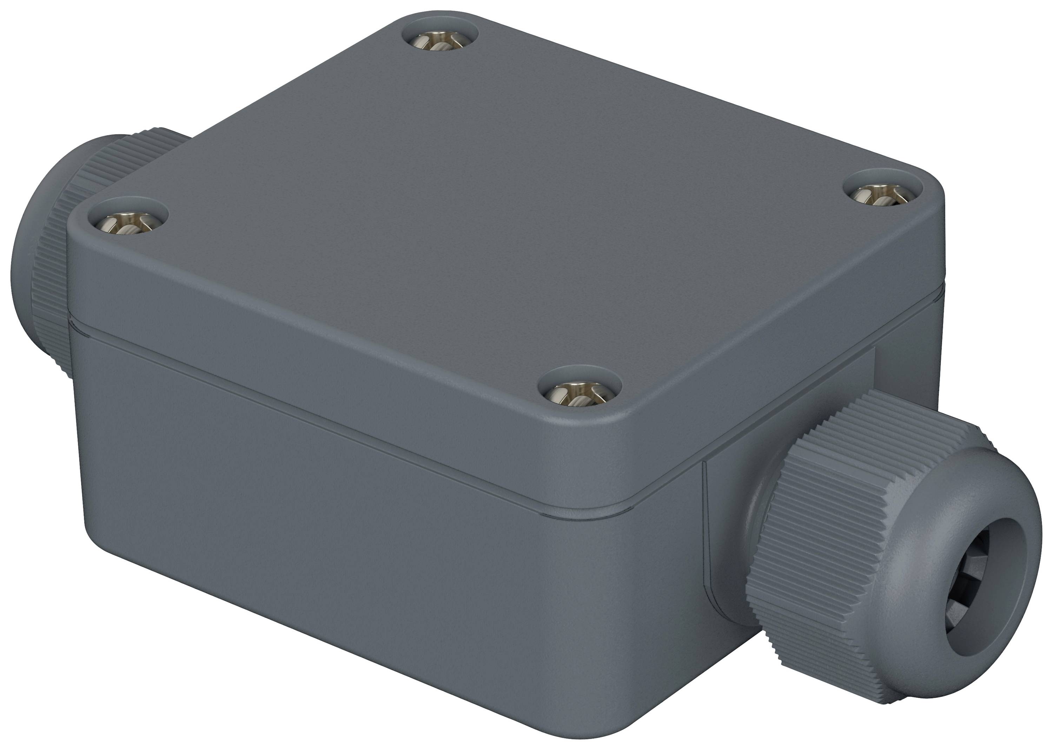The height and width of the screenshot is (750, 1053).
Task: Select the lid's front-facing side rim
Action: coord(323,351)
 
